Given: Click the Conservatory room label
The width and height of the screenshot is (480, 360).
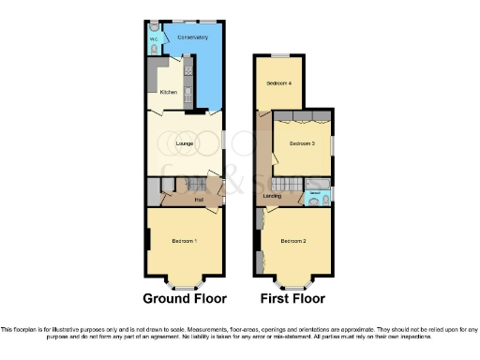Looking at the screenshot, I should [192, 37].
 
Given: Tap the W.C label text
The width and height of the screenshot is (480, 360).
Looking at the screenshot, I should [154, 39].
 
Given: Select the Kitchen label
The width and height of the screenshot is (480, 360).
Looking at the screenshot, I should [169, 92].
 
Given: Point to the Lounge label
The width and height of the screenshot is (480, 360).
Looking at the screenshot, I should [184, 142].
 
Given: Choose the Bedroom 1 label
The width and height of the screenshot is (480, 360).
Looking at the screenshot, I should [184, 242].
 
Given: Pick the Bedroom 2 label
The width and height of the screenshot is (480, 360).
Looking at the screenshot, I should [293, 242].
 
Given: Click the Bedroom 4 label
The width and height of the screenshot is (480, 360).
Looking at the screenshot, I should [278, 83].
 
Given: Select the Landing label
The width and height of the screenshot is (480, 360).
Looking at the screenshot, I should [273, 196].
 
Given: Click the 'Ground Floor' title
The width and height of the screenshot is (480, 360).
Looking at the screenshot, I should [185, 299].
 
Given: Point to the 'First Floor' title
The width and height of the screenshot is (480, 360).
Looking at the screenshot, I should [293, 299].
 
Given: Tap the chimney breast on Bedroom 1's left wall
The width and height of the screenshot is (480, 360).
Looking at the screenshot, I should [148, 239].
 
